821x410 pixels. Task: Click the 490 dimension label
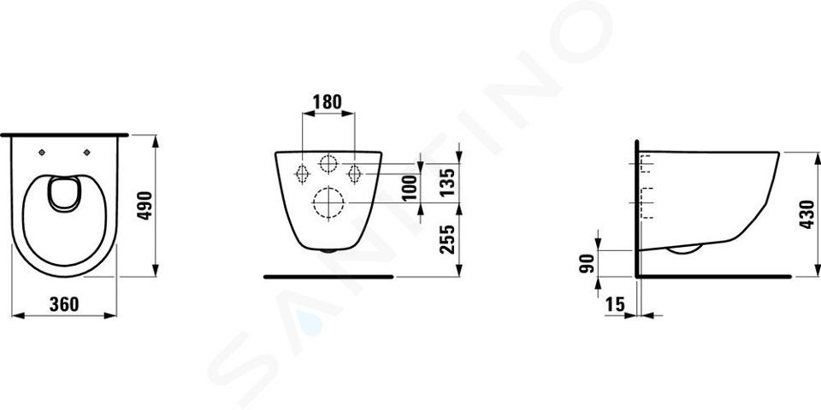point(145,206)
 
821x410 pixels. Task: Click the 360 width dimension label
point(64,304)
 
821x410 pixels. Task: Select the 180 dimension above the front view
point(328,102)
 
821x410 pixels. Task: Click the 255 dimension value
point(446,239)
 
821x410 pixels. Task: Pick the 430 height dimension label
point(806,214)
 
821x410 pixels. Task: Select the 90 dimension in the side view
point(589,263)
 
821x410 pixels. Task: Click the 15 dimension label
point(615,304)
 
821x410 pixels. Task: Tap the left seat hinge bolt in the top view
point(43,152)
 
